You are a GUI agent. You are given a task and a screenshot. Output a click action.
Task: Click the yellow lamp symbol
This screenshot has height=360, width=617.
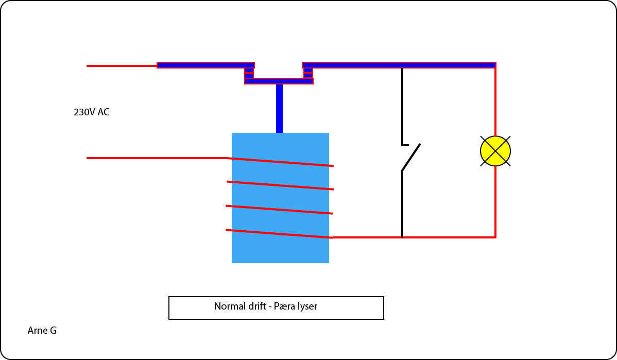click(495, 151)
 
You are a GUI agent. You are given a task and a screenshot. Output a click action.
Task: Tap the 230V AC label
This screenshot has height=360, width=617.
click(92, 112)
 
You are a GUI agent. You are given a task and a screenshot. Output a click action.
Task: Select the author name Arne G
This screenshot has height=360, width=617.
click(42, 331)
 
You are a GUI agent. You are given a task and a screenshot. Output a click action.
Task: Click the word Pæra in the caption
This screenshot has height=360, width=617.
click(285, 306)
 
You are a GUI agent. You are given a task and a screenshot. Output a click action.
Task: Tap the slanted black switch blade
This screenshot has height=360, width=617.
click(411, 157)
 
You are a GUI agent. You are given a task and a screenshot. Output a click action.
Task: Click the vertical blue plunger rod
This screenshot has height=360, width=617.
click(279, 108)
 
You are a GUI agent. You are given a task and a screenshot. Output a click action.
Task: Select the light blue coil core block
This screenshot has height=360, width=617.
click(280, 250)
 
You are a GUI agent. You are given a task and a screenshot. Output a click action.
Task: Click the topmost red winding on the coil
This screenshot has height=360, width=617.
click(281, 162)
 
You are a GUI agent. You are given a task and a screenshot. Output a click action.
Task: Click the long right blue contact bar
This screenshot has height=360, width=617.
click(399, 65)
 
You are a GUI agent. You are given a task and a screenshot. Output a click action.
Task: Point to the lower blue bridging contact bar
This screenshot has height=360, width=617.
click(279, 81)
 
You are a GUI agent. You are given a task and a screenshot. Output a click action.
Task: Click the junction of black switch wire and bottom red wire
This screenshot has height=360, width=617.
click(402, 237)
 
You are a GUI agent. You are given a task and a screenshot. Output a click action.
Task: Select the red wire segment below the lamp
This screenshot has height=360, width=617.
click(495, 201)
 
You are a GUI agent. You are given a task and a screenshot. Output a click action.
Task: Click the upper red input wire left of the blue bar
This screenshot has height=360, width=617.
click(122, 66)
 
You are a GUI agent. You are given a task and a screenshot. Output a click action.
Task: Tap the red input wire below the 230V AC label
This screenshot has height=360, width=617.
click(155, 158)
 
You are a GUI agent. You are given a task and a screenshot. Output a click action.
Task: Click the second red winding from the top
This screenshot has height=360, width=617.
click(280, 185)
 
